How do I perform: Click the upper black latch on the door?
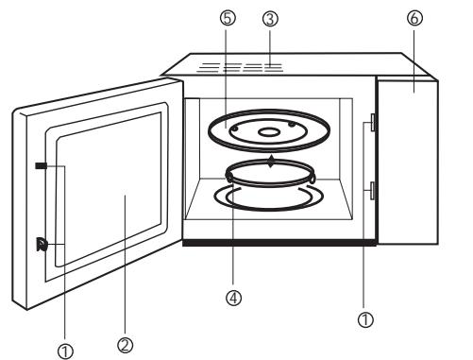coord(40,165)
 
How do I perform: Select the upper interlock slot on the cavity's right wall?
coord(373,122)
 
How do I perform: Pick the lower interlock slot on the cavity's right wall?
coord(373,192)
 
